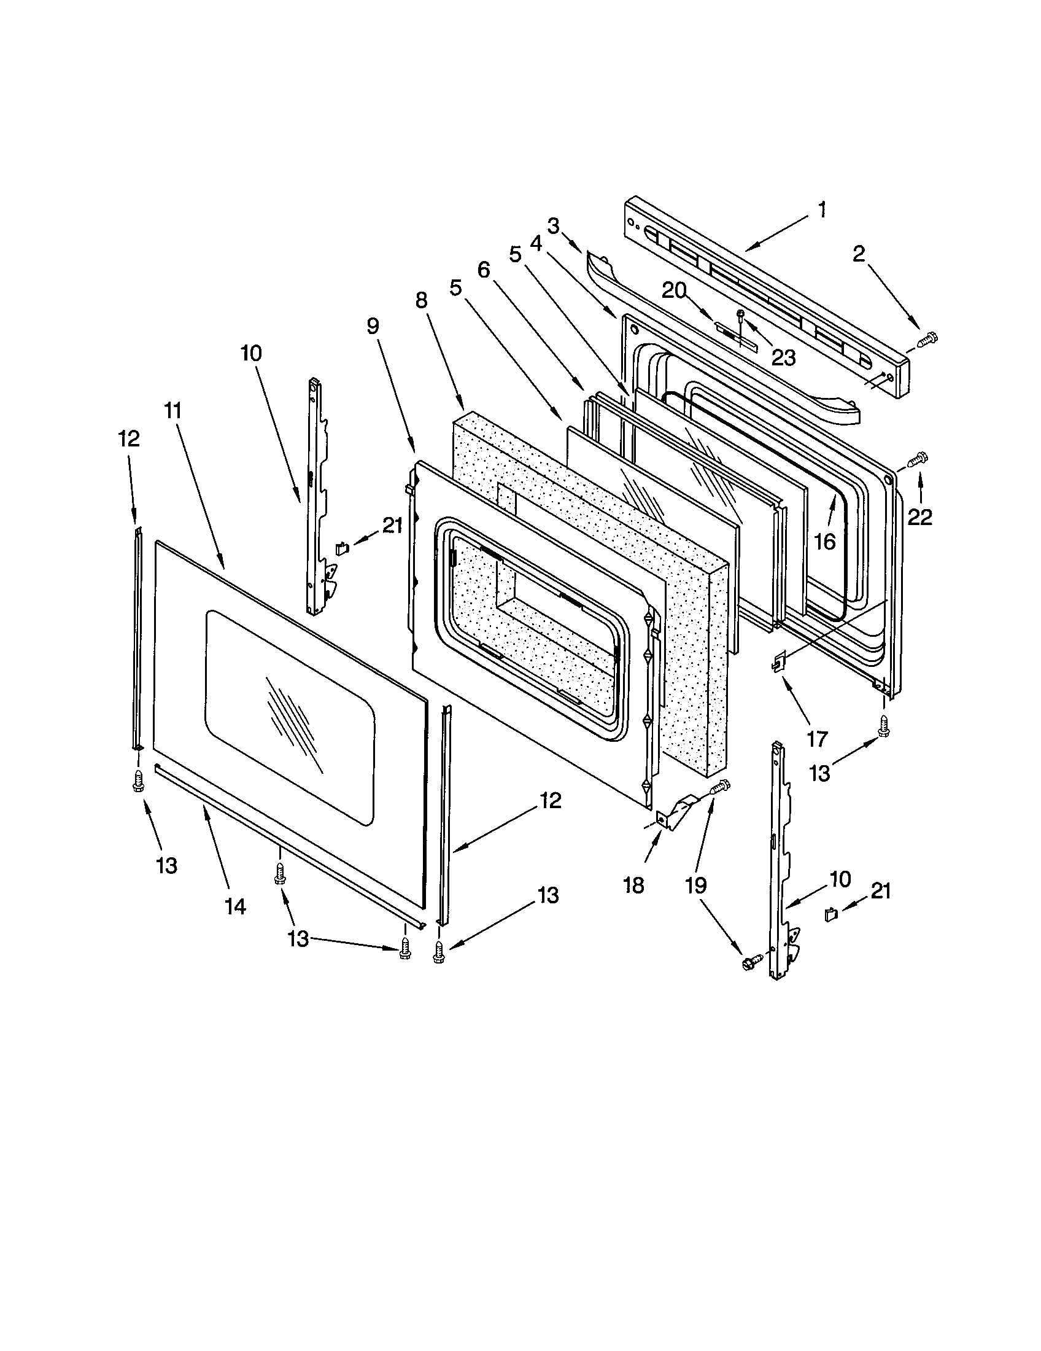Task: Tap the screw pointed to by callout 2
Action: point(927,338)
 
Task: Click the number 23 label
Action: point(783,357)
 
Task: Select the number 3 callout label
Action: point(553,227)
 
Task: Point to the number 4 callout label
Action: point(536,244)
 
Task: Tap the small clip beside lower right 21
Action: point(831,914)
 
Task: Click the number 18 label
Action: point(633,885)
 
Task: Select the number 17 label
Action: point(817,739)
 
